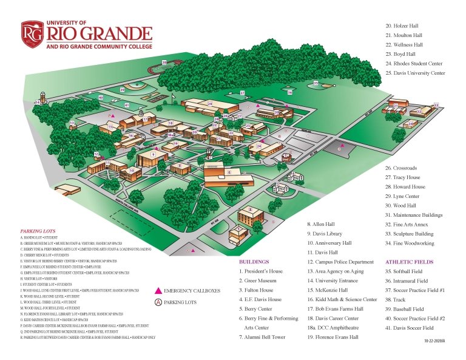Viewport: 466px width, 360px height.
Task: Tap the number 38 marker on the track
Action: point(164,63)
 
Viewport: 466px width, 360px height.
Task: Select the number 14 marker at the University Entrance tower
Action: point(37,103)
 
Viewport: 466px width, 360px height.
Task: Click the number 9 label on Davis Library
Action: point(154,155)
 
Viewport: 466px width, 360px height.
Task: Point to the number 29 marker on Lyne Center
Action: point(210,104)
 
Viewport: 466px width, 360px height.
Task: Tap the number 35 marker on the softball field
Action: point(316,82)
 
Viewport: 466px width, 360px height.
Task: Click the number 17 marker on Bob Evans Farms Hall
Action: point(146,120)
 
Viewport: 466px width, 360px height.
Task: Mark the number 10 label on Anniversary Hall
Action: point(131,171)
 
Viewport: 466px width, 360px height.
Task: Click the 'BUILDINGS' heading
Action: point(254,262)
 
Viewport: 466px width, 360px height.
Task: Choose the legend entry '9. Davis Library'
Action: point(326,233)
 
